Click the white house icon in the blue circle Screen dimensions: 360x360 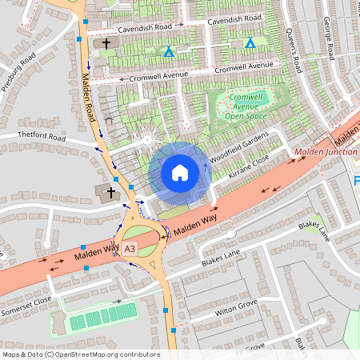pyautogui.click(x=180, y=172)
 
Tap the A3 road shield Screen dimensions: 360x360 pyautogui.click(x=130, y=250)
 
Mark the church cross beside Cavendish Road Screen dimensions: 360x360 pyautogui.click(x=105, y=43)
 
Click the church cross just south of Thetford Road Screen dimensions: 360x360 pyautogui.click(x=111, y=190)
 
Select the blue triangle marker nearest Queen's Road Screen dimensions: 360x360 pyautogui.click(x=250, y=42)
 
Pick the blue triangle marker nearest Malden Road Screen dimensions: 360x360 pyautogui.click(x=168, y=53)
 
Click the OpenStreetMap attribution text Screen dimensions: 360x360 pyautogui.click(x=80, y=354)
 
